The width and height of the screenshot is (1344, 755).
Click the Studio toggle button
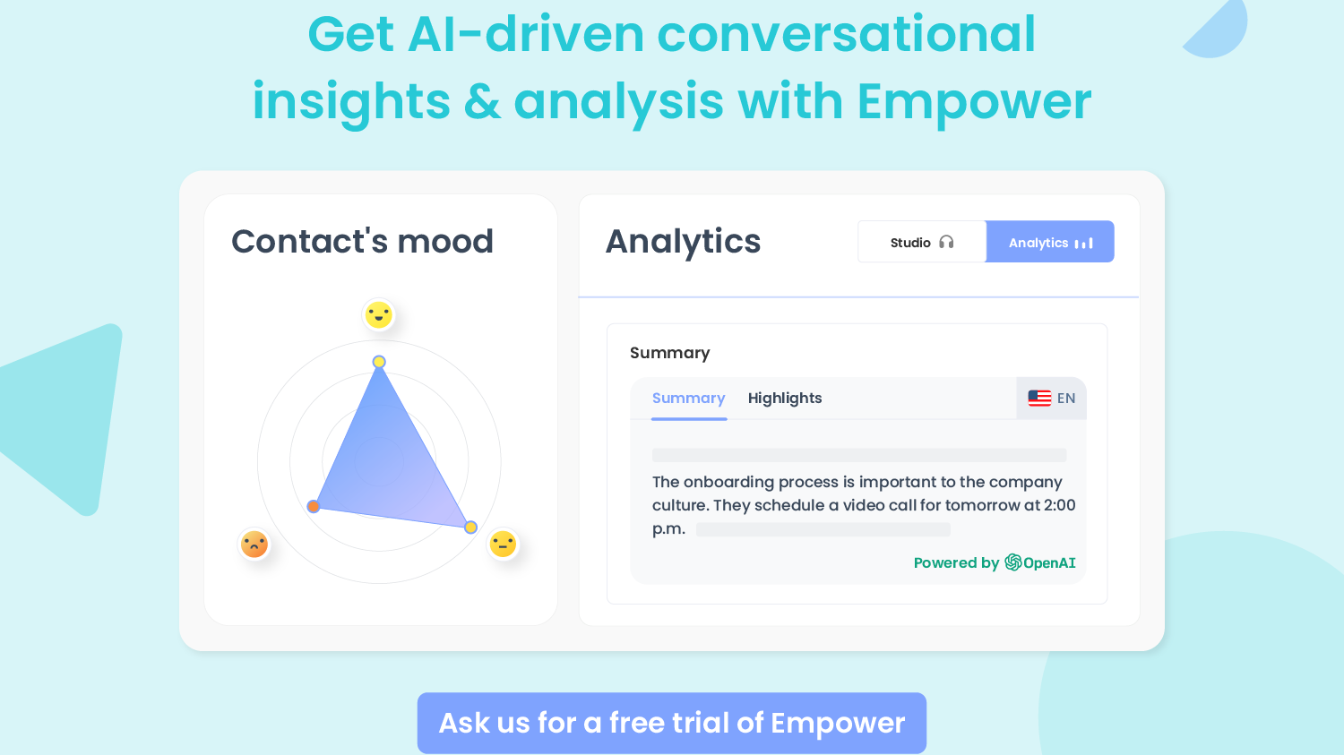coord(922,243)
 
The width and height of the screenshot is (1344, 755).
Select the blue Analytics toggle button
coord(1050,243)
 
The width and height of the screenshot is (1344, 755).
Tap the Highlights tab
coord(784,399)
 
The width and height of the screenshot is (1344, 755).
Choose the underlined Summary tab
coord(688,399)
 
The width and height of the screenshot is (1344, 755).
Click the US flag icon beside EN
coord(1039,399)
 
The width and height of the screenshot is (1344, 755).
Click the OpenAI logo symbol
coord(1013,562)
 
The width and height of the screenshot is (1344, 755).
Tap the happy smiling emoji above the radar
coord(379,315)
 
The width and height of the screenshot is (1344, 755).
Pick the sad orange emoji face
coord(254,544)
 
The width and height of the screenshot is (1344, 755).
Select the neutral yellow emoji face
coord(503,544)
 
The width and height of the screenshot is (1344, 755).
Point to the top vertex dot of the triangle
coord(379,362)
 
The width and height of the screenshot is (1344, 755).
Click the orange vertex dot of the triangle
coord(314,507)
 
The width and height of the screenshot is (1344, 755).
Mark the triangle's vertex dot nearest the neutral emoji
coord(470,528)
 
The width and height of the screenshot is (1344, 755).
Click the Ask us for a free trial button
coord(672,723)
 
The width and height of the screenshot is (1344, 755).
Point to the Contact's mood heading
coord(362,242)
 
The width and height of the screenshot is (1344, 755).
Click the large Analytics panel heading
coord(683,242)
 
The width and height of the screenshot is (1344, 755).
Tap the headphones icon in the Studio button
coord(946,243)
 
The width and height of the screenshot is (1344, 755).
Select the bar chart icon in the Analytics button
coord(1084,244)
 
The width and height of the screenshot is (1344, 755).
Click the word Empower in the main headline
coord(974,101)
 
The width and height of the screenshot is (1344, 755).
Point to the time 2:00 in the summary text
coord(1059,505)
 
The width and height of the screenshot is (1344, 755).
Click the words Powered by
coord(955,563)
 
